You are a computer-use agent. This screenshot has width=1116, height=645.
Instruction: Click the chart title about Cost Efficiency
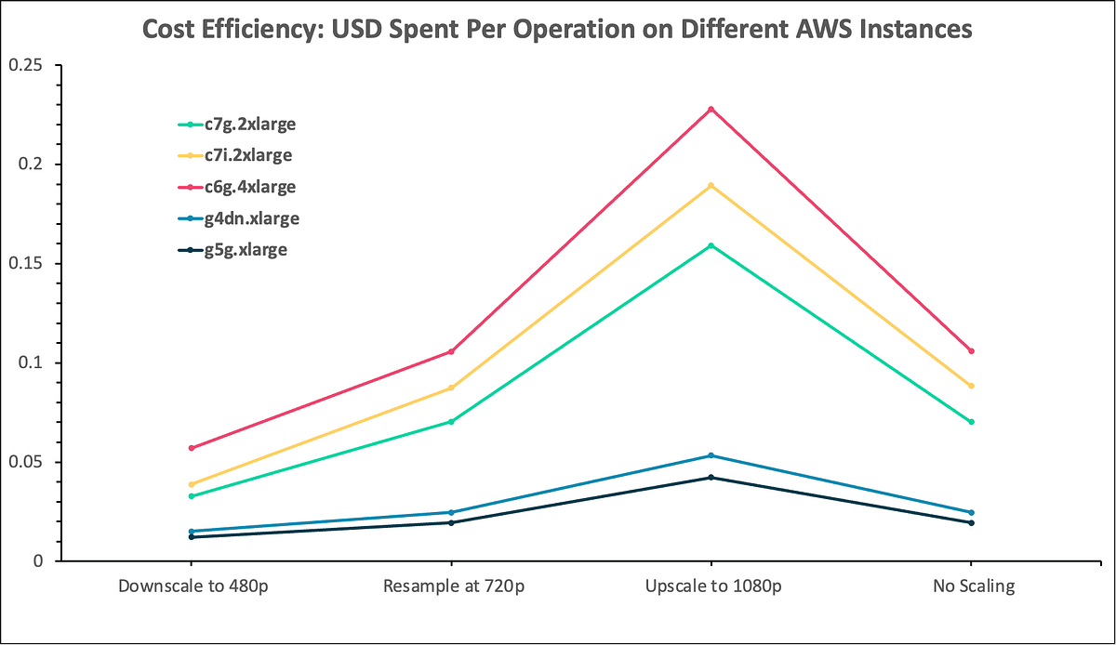point(557,29)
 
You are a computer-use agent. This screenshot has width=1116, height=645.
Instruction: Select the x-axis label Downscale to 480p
point(191,587)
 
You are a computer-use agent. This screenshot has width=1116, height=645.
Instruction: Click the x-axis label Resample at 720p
point(451,587)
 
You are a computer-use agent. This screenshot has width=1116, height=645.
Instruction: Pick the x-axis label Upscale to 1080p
point(711,587)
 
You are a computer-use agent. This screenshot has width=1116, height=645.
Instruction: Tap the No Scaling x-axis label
point(971,587)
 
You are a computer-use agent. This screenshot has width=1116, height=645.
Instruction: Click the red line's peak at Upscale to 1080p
point(711,110)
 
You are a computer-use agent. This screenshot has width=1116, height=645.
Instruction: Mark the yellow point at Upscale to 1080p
point(711,186)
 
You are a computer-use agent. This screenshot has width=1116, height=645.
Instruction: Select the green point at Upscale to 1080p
point(711,245)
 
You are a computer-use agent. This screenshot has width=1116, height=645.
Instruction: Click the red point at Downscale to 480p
point(191,448)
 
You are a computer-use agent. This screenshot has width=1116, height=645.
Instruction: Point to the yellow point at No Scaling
point(971,386)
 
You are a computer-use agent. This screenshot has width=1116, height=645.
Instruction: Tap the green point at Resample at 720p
point(451,422)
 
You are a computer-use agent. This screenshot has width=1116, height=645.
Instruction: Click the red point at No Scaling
point(971,351)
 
